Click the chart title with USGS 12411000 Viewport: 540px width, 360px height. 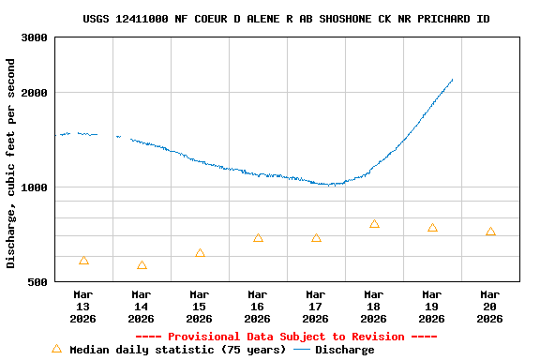tap(286, 19)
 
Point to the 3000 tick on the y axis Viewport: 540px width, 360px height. tap(36, 37)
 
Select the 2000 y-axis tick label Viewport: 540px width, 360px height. tap(36, 93)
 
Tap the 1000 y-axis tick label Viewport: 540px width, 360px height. tap(36, 187)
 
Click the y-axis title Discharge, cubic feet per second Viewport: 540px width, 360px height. tap(11, 163)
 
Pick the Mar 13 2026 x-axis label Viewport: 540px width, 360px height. tap(83, 307)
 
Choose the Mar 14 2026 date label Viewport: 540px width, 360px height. tap(142, 307)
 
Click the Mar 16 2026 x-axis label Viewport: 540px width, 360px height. tap(258, 307)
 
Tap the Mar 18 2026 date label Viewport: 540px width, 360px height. tap(374, 307)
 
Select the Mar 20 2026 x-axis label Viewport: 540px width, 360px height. tap(490, 307)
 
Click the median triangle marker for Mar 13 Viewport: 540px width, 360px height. tap(83, 261)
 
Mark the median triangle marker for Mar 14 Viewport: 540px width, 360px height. tap(142, 266)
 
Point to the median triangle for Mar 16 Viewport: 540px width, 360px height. tap(258, 238)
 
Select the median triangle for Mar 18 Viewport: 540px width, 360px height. tap(374, 224)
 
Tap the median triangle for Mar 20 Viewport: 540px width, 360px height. tap(490, 232)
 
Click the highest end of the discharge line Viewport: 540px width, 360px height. tap(453, 80)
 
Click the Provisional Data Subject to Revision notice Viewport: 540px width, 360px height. tap(286, 337)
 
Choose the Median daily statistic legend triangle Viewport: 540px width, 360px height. tap(56, 349)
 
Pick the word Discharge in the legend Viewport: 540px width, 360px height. tap(344, 350)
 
